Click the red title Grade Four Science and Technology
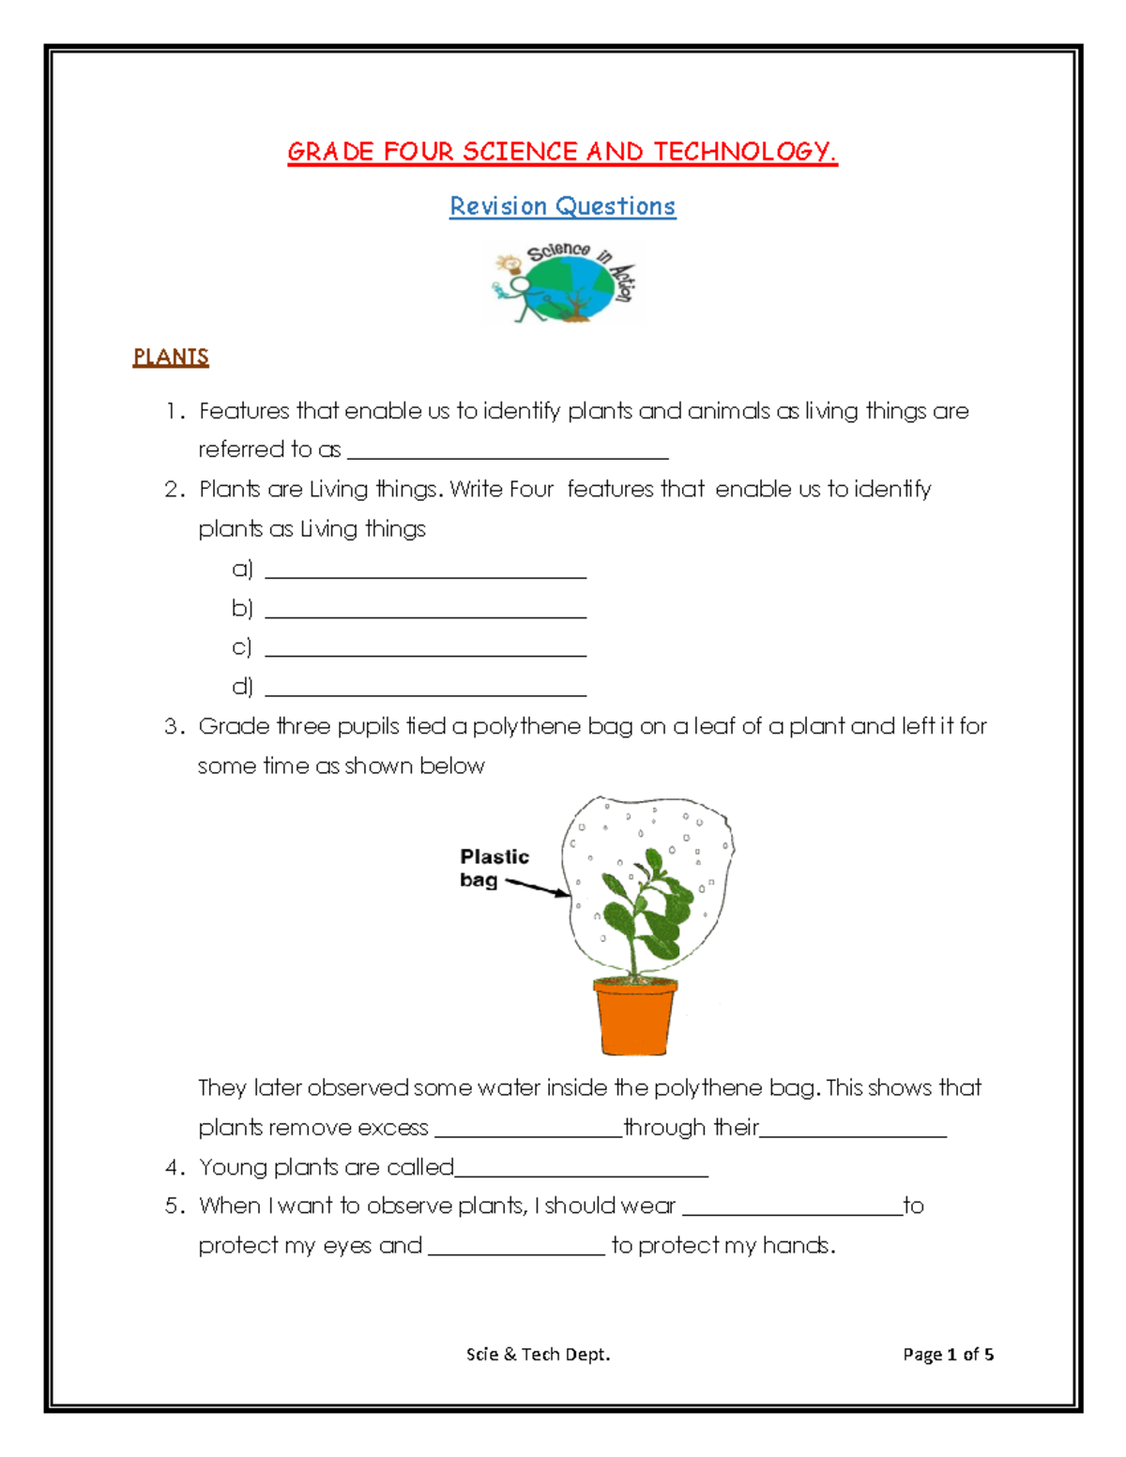coord(562,152)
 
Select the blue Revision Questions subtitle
coord(562,206)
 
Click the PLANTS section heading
coord(171,357)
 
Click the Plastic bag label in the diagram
coord(494,868)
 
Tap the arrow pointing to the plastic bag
coord(538,888)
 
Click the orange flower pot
coord(635,1017)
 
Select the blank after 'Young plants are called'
coord(581,1174)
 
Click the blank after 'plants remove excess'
coord(527,1134)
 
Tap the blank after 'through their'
coord(853,1134)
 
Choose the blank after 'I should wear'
coord(792,1213)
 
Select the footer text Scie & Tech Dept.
coord(538,1354)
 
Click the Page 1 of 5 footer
coord(948,1354)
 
